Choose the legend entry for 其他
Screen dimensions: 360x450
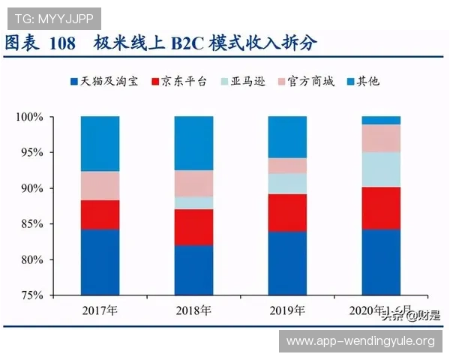tap(368, 81)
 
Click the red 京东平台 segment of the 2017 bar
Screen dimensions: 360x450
tap(100, 214)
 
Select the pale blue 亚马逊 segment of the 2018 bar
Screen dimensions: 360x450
tap(193, 202)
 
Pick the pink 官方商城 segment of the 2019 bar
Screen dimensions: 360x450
tap(287, 166)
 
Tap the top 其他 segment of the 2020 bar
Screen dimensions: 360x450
tap(381, 120)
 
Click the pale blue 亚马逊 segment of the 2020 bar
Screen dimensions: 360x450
tap(381, 169)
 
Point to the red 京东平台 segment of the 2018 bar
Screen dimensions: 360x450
tap(193, 227)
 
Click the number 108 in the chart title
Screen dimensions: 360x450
tap(63, 43)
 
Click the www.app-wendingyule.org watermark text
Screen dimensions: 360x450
tap(360, 341)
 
